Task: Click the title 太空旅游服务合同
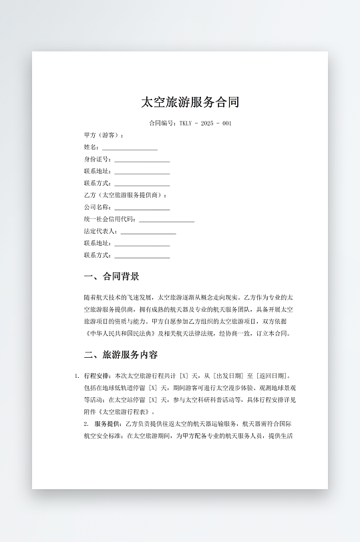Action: click(x=190, y=102)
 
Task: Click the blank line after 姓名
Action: click(x=130, y=148)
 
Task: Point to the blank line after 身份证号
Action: click(x=142, y=160)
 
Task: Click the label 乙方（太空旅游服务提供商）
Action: click(x=126, y=196)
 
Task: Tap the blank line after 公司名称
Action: click(x=142, y=208)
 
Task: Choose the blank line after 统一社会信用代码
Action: click(x=166, y=220)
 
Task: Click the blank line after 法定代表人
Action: click(x=148, y=232)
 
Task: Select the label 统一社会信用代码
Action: click(x=110, y=220)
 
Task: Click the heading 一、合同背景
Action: click(x=111, y=276)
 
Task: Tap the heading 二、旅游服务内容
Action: click(x=120, y=354)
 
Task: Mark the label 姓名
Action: click(x=91, y=148)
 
